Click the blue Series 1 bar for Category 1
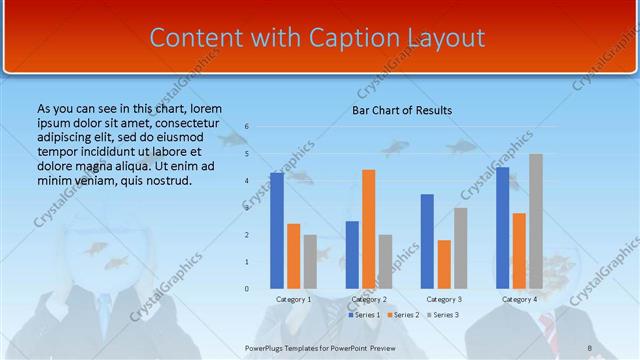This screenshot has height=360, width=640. tap(277, 230)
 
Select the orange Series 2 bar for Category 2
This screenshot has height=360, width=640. tap(369, 229)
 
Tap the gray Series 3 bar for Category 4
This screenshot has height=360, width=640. tap(536, 221)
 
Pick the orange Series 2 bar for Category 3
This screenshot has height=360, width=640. tap(444, 264)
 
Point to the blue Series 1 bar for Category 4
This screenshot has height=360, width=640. tap(502, 228)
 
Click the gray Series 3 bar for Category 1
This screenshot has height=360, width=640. tap(310, 262)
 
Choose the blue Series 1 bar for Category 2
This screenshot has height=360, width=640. tap(352, 255)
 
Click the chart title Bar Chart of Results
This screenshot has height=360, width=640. tap(402, 110)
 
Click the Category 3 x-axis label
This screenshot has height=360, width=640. tap(444, 299)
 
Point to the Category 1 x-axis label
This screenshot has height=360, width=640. tap(294, 299)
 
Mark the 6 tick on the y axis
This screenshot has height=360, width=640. tap(247, 127)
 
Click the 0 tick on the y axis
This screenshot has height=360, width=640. tap(247, 289)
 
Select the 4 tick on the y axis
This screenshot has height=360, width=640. tap(247, 181)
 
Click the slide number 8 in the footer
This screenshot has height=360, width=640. tap(590, 347)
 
